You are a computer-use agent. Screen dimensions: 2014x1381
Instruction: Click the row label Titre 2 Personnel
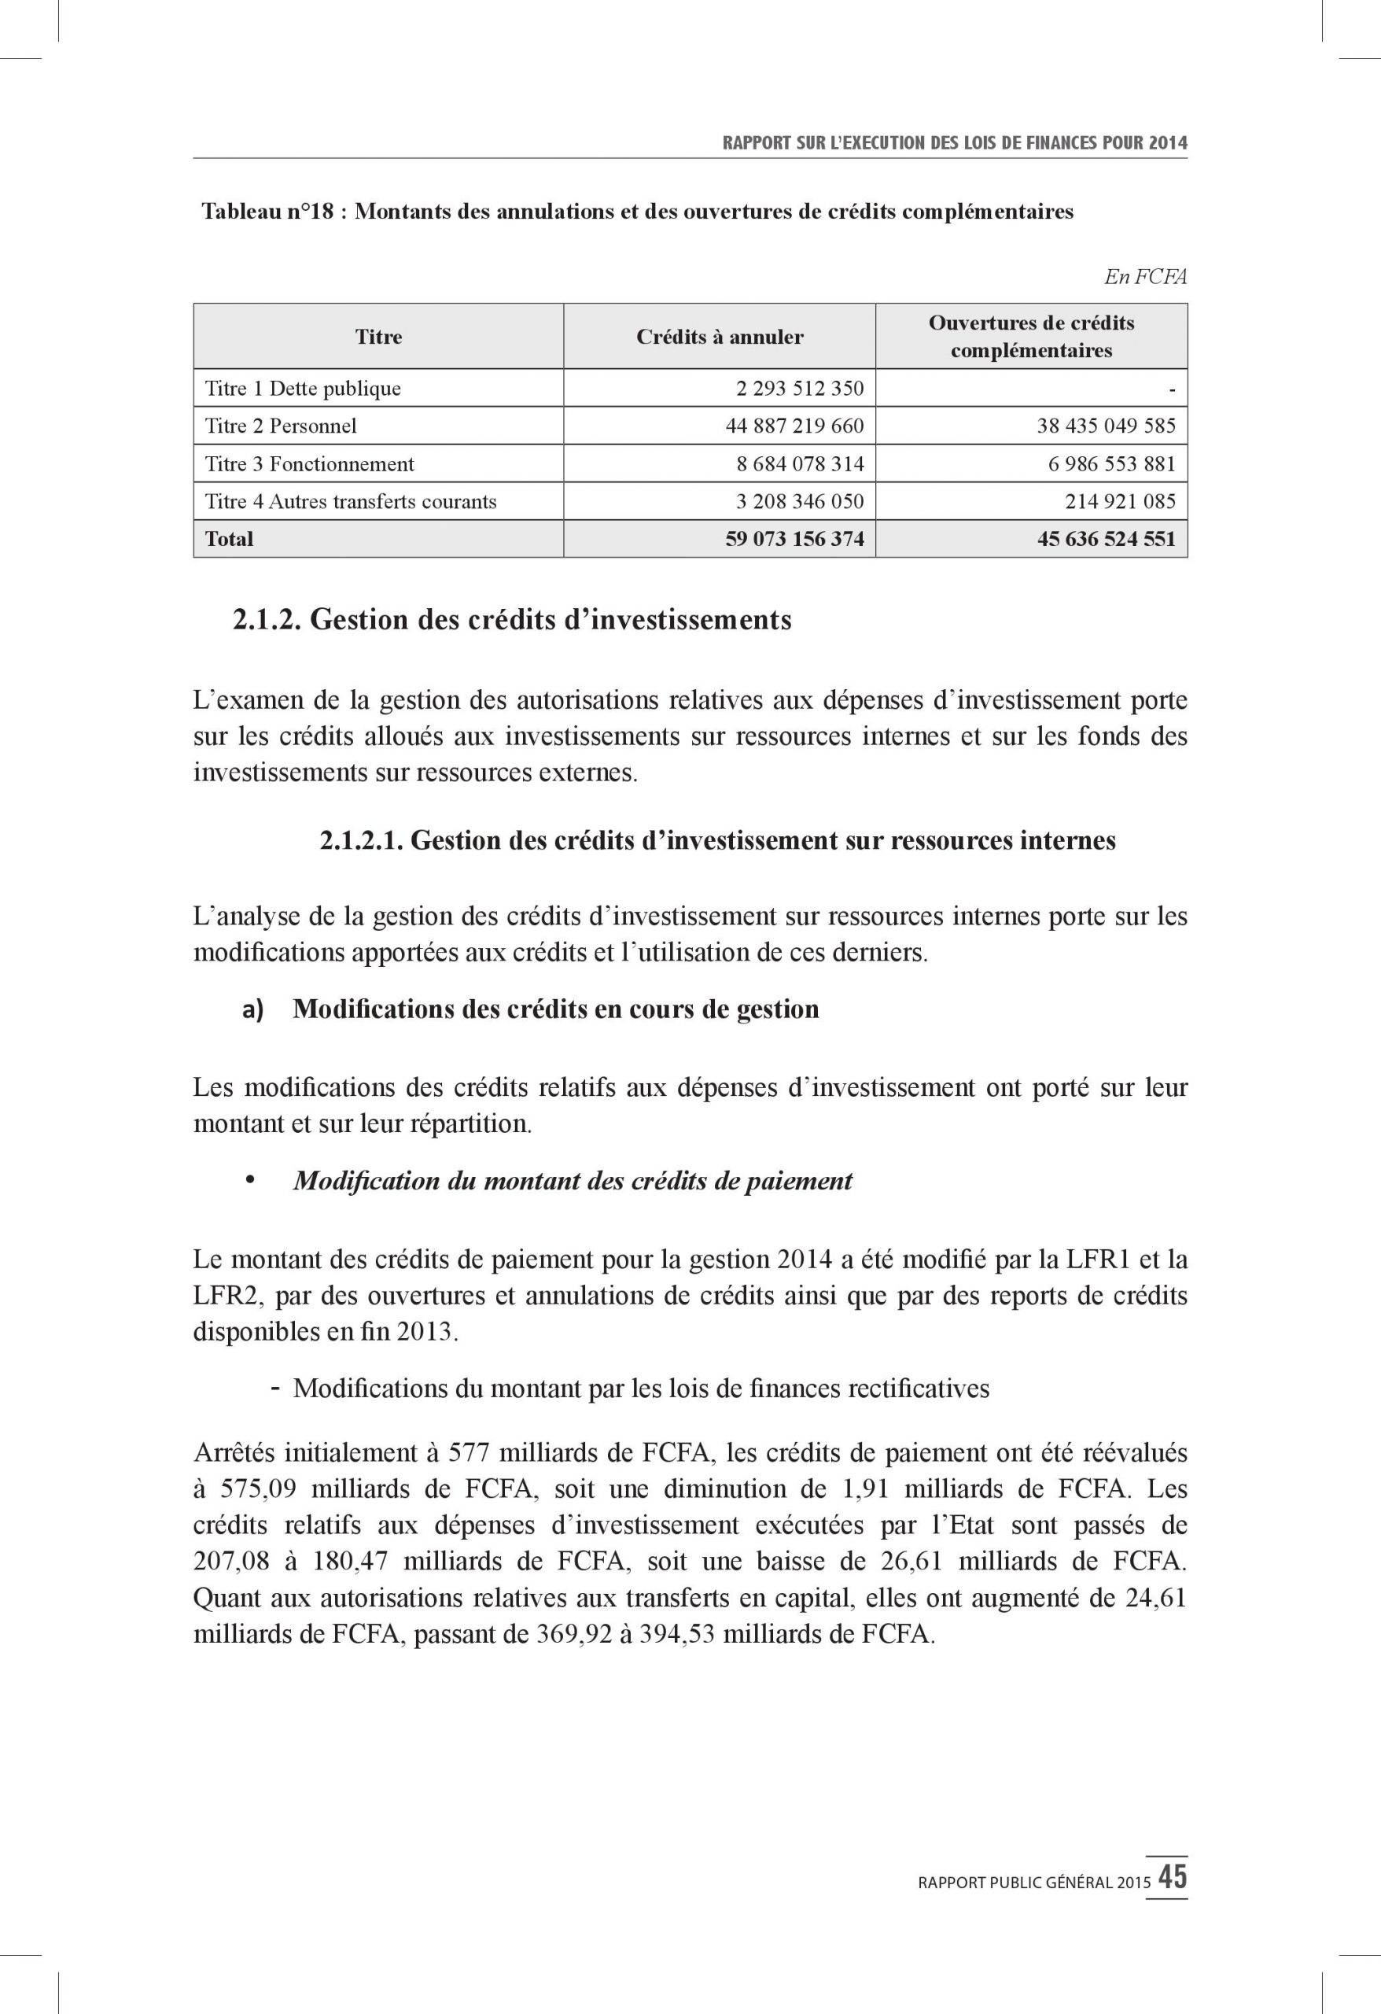pos(280,426)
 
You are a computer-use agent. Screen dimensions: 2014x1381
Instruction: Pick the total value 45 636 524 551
pos(1106,538)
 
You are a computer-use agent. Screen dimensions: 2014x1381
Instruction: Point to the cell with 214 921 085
pos(1120,501)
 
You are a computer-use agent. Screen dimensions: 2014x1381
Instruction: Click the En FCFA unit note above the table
pos(1144,276)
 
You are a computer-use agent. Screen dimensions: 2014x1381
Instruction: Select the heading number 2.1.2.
pos(266,620)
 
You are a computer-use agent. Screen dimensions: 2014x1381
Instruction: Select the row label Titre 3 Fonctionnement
pos(309,463)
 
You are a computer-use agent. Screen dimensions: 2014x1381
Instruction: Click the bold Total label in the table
pos(229,538)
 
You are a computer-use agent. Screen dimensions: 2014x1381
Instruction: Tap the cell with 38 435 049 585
pos(1106,426)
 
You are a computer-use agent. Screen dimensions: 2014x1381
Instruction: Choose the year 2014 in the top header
pos(1168,143)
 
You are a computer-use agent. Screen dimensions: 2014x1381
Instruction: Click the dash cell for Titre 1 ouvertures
pos(1171,389)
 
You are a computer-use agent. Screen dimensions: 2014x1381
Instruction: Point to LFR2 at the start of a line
pos(220,1296)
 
